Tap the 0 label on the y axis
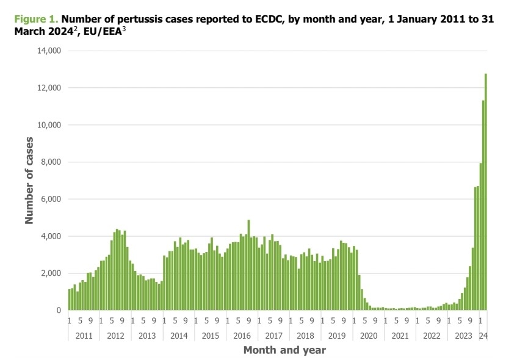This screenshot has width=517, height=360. tap(58, 311)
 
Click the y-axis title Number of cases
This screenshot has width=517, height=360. tap(29, 181)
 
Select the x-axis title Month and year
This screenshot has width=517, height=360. tap(284, 350)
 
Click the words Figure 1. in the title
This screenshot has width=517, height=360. tap(37, 19)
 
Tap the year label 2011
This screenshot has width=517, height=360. tap(84, 336)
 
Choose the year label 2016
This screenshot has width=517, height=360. tap(241, 336)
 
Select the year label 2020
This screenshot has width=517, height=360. tap(368, 336)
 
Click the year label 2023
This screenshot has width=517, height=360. tap(463, 336)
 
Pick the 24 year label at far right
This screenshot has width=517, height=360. tap(483, 336)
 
